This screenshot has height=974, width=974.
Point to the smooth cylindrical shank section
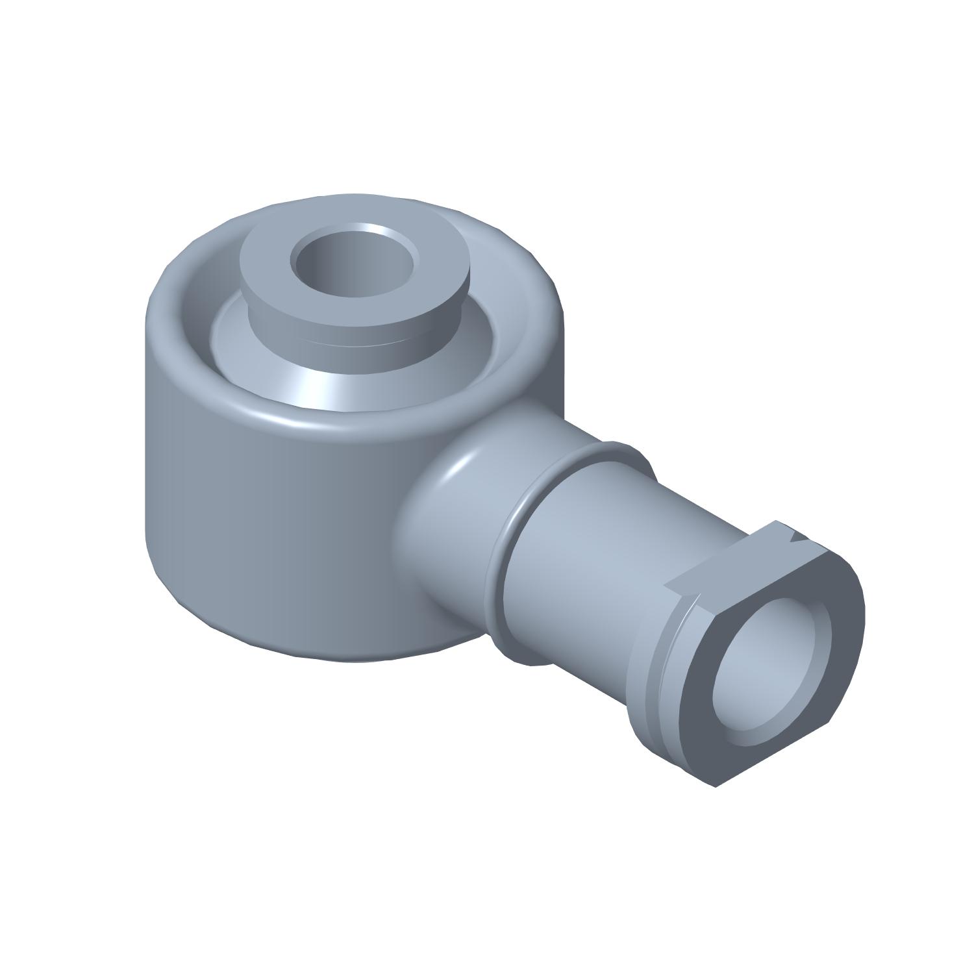(584, 558)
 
